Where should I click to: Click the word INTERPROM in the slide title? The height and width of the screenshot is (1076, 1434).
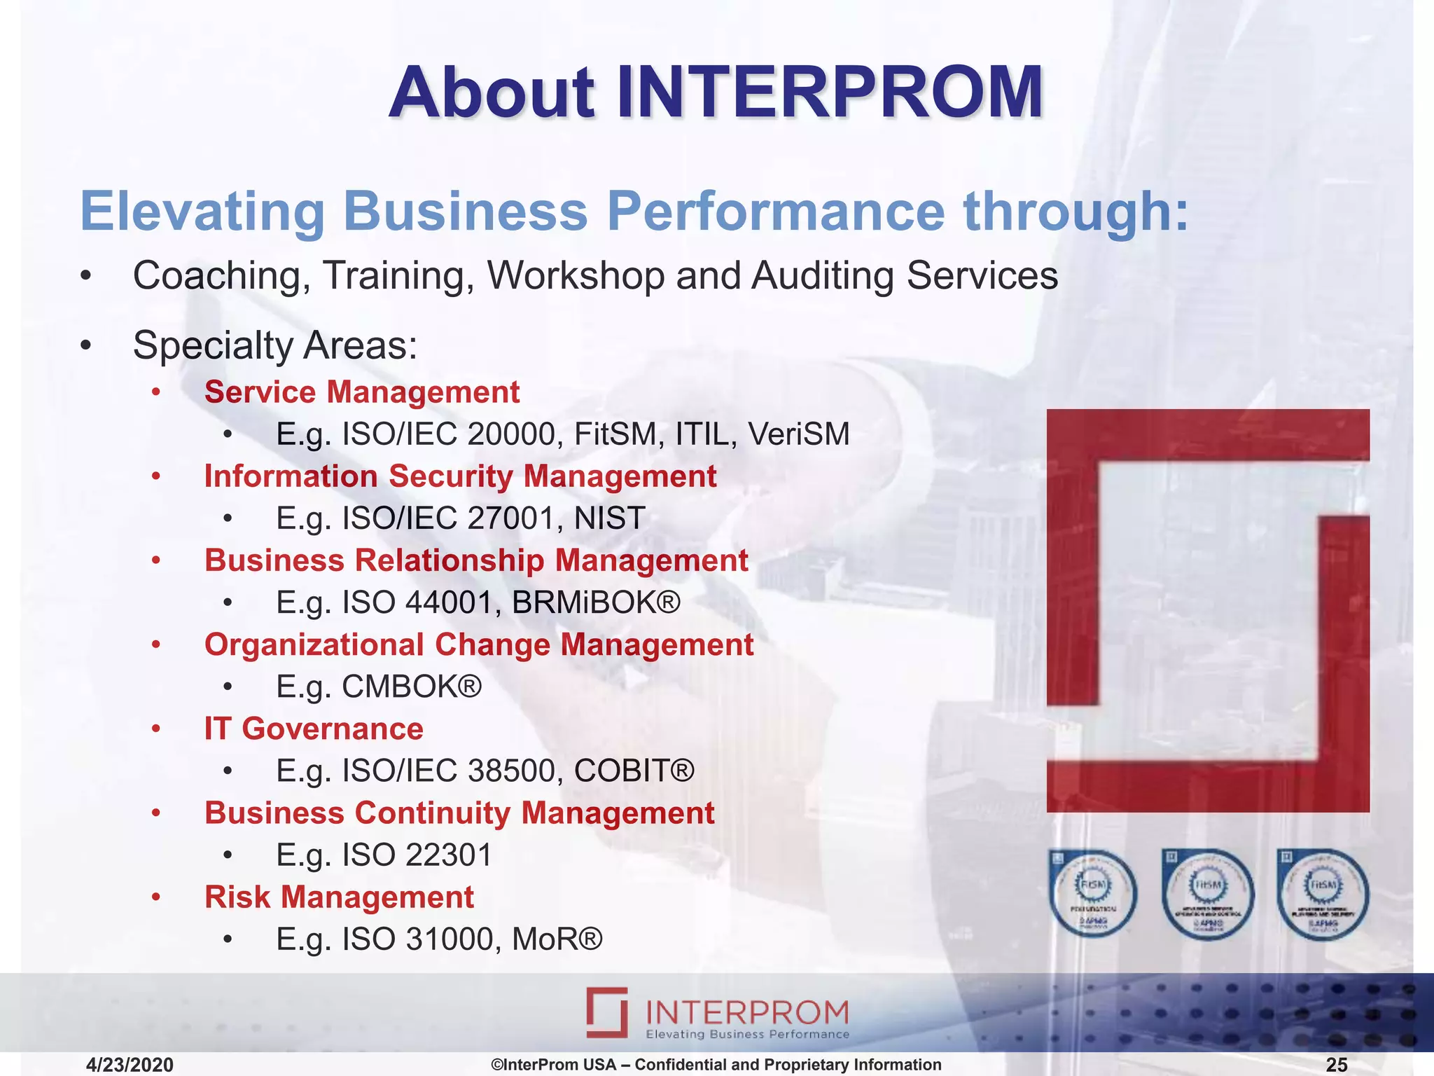(830, 92)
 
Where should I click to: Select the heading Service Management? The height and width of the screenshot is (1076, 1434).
(361, 392)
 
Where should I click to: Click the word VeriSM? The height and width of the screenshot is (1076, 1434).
(799, 434)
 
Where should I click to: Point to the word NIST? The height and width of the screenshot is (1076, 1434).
(609, 518)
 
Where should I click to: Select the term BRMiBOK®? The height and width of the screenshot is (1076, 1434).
(596, 602)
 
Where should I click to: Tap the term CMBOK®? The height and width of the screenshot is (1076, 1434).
(412, 687)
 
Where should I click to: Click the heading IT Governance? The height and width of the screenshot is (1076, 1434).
(314, 729)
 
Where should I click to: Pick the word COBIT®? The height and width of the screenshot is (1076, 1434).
(634, 771)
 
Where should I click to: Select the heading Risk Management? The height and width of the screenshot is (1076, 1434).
(339, 897)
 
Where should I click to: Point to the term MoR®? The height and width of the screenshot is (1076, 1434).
(557, 939)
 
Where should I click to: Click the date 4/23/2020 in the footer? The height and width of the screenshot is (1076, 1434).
(130, 1065)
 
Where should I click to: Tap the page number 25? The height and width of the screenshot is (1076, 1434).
(1336, 1065)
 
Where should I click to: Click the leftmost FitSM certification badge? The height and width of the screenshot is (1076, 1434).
(1092, 893)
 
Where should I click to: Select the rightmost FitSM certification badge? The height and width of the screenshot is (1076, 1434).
(1322, 893)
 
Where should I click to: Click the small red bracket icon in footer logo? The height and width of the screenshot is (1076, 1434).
(607, 1012)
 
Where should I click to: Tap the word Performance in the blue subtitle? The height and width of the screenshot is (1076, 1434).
(775, 211)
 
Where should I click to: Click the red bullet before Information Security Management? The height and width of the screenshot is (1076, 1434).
(156, 477)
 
